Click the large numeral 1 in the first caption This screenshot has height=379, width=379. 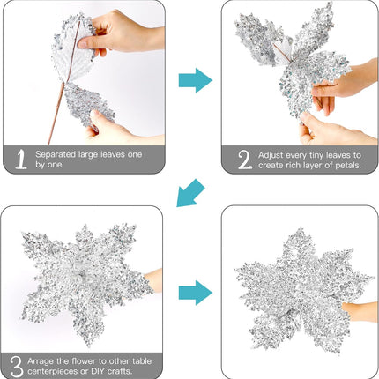click(21, 160)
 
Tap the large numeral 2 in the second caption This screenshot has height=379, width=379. click(245, 160)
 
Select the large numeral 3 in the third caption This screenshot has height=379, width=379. click(17, 367)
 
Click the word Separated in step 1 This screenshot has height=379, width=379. click(56, 154)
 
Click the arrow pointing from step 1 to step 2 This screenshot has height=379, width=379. click(196, 80)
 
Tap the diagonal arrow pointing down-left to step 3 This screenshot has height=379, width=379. click(189, 194)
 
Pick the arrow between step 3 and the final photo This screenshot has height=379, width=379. click(196, 293)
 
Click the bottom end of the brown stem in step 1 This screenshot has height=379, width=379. click(48, 144)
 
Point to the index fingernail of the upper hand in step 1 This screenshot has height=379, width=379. click(83, 44)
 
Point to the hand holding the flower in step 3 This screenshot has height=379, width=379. click(153, 280)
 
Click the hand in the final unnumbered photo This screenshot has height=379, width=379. click(360, 311)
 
